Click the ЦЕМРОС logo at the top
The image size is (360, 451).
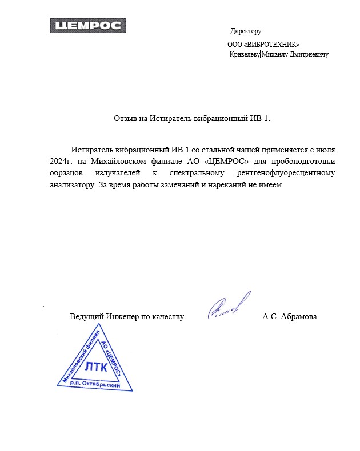(x=87, y=25)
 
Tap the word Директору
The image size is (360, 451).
(x=246, y=31)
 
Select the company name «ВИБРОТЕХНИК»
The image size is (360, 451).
(x=272, y=44)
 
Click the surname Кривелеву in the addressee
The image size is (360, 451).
(x=244, y=54)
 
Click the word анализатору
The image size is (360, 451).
(x=70, y=186)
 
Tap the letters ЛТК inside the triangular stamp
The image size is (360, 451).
(x=95, y=367)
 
